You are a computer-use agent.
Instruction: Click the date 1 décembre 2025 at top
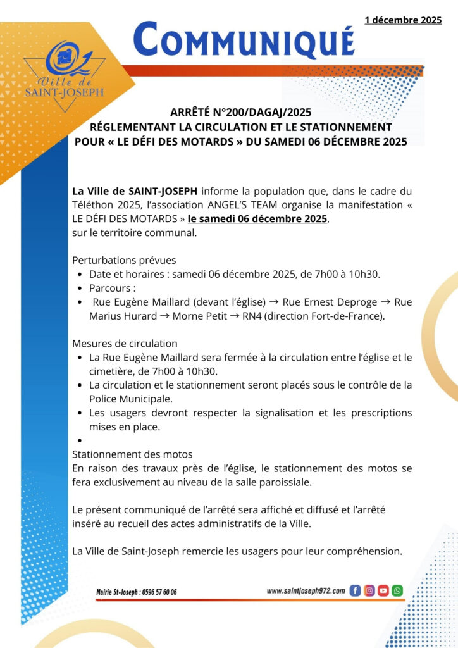click(403, 20)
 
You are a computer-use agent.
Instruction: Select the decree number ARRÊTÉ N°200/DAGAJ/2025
click(240, 113)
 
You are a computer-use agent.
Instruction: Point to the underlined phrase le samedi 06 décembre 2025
click(258, 219)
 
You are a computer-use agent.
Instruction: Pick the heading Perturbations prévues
click(124, 260)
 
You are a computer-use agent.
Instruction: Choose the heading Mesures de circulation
click(125, 344)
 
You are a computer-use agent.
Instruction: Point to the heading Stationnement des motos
click(132, 454)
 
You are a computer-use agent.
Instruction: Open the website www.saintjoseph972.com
click(306, 590)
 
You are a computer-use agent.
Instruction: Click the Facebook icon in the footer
click(355, 590)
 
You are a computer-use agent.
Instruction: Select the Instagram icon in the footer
click(369, 590)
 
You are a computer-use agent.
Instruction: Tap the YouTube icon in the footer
click(383, 590)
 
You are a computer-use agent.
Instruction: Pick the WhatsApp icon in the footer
click(397, 590)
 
